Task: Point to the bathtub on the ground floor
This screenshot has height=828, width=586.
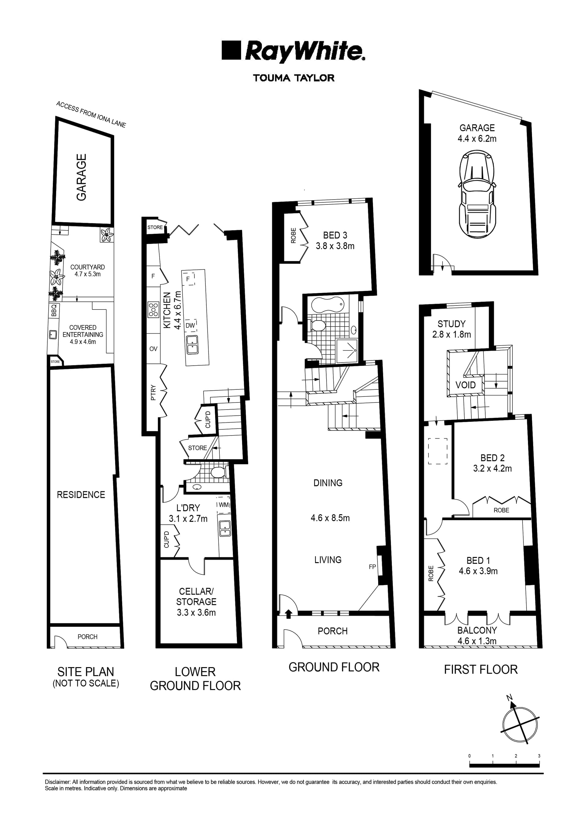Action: point(327,305)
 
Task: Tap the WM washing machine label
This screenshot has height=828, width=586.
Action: point(223,505)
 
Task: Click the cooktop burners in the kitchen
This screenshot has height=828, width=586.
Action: point(153,309)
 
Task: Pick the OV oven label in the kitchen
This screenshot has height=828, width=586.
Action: point(153,349)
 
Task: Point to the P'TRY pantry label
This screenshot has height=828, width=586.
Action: point(153,392)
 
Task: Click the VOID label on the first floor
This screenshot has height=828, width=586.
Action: point(465,385)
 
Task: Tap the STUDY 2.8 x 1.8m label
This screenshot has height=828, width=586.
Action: point(451,329)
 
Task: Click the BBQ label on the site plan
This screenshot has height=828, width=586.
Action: point(54,310)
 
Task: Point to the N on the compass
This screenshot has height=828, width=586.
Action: point(509,698)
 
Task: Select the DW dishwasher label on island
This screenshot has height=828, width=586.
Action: point(190,325)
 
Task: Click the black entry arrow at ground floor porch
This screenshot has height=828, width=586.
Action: point(288,614)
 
